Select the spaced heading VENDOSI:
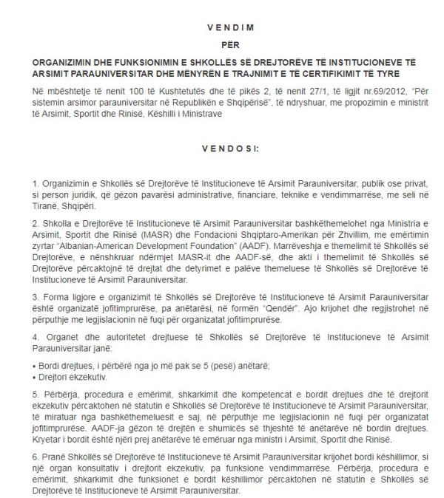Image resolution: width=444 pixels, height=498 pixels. tap(223, 148)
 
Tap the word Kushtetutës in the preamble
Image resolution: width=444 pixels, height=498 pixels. tap(140, 92)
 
